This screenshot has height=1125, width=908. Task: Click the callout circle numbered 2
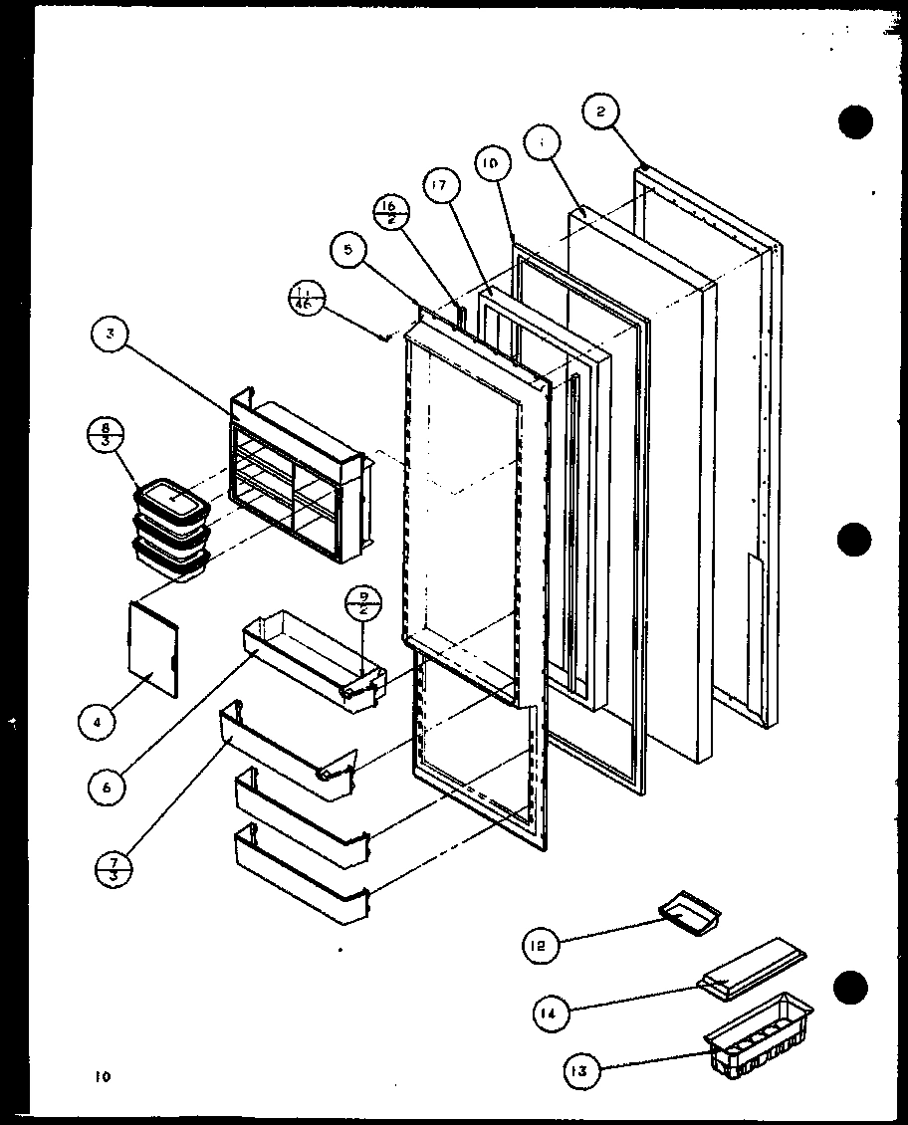coord(599,113)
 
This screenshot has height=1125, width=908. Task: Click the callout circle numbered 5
coord(347,251)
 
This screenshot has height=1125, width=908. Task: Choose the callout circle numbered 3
coord(113,338)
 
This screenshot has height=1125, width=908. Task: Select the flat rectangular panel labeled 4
coord(154,648)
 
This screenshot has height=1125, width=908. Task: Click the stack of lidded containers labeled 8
coord(169,528)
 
